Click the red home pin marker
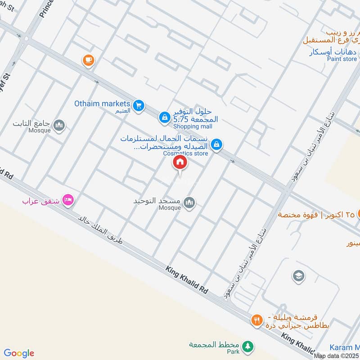[180, 162]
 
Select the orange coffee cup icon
[88, 60]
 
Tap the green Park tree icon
[246, 346]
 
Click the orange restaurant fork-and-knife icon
[256, 320]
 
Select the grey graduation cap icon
[298, 276]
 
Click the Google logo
[19, 353]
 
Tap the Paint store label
[342, 59]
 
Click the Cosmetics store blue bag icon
[217, 144]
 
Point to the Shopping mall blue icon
[164, 117]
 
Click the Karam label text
[344, 347]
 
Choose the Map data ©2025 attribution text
[336, 356]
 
